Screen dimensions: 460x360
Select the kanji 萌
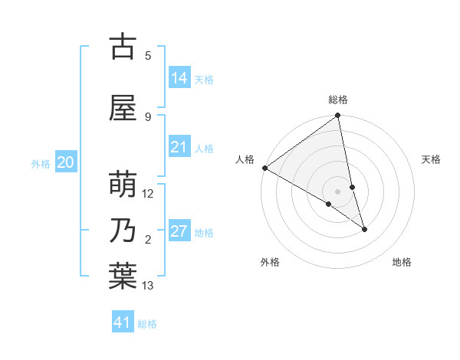tap(123, 184)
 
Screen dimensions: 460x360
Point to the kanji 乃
tap(123, 231)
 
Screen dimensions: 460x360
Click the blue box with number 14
tap(179, 77)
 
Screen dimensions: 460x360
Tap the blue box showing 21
tap(179, 147)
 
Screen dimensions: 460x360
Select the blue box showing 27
tap(179, 231)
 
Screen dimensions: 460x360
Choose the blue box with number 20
tap(66, 162)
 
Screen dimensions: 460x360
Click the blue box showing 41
tap(123, 322)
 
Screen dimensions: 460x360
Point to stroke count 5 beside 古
tap(148, 55)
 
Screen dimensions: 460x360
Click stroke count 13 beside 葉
tap(148, 286)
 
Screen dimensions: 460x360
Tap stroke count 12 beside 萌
tap(148, 193)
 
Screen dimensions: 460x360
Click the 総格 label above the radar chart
tap(338, 100)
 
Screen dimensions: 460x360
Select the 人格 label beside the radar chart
tap(245, 159)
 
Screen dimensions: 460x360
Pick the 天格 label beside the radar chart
tap(431, 159)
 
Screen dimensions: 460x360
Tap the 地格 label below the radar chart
tap(402, 263)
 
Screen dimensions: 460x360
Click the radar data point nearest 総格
tap(338, 116)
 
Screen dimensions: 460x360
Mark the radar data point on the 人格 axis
tap(264, 168)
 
